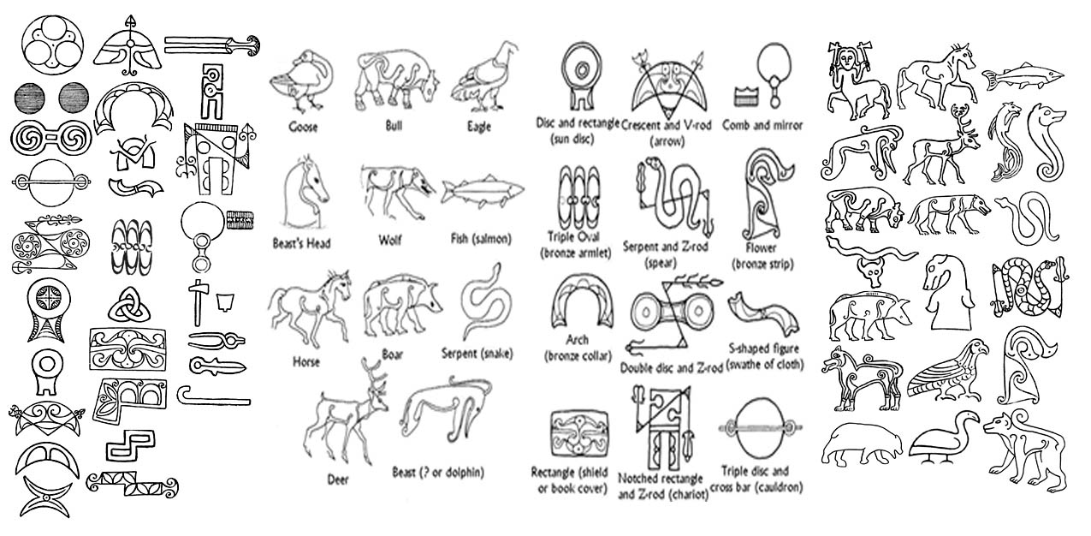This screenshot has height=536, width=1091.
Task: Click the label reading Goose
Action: (x=303, y=128)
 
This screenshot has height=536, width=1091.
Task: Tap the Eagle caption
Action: (x=479, y=127)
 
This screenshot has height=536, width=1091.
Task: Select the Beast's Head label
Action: (x=301, y=242)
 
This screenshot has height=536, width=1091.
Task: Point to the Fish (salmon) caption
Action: (x=481, y=239)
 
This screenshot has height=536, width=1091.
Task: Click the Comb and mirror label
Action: (x=762, y=125)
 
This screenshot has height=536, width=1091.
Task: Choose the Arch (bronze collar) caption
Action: (x=577, y=348)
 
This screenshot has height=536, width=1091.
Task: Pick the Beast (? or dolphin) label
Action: (x=438, y=472)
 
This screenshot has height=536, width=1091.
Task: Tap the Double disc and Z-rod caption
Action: (x=671, y=368)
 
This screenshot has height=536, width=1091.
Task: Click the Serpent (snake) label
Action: (x=477, y=353)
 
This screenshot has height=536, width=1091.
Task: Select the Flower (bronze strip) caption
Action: (x=762, y=256)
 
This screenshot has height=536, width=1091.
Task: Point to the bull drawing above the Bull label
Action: (x=397, y=80)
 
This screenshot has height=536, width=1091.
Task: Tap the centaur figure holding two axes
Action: (x=857, y=80)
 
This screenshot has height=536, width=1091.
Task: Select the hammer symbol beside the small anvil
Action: (x=199, y=302)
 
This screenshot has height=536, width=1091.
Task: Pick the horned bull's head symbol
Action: (x=871, y=271)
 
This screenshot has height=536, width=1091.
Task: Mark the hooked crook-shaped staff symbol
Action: (x=213, y=396)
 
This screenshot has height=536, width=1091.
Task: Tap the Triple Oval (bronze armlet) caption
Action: (x=575, y=245)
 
